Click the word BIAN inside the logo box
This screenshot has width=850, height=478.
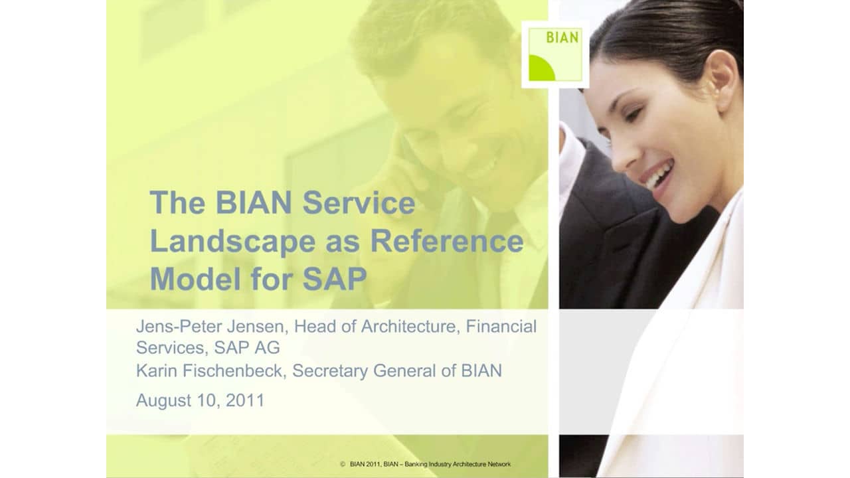(562, 38)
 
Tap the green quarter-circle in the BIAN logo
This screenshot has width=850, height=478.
(541, 69)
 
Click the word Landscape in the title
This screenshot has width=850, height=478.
(232, 242)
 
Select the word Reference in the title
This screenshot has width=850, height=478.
(447, 242)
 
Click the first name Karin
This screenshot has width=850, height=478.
(157, 370)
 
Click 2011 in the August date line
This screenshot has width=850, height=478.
(244, 400)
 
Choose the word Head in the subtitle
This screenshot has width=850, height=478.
(315, 327)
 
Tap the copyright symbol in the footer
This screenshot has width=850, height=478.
(343, 464)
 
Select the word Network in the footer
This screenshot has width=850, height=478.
(497, 464)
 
